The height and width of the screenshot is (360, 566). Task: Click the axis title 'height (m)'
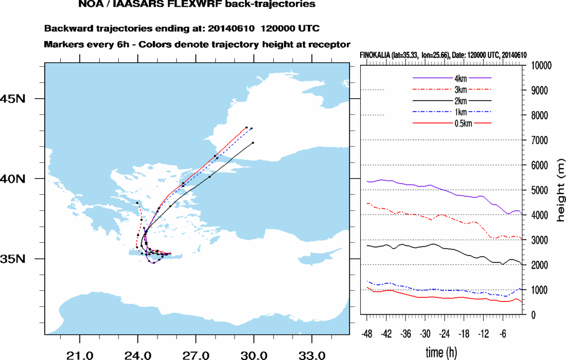[x=560, y=190]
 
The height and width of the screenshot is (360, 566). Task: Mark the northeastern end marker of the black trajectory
[x=254, y=142]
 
